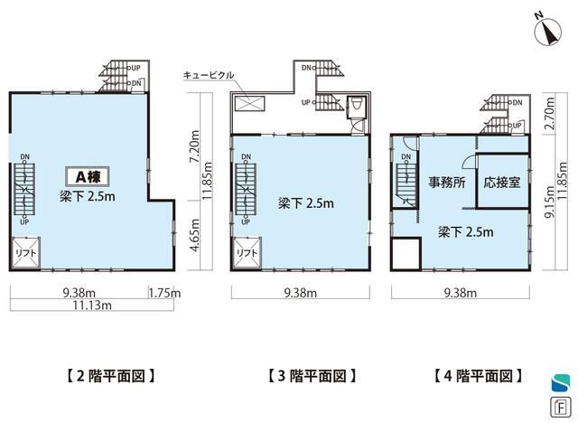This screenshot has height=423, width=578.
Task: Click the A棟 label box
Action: pos(88,176)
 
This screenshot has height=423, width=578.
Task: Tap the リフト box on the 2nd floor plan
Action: pos(25,252)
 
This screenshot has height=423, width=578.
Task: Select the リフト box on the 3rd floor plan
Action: pos(247,252)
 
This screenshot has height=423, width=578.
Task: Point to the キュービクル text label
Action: pos(209,75)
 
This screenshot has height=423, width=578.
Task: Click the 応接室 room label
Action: pos(502,183)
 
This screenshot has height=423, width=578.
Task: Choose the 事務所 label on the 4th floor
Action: pos(446,183)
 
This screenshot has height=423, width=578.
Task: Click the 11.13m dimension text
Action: pos(92,305)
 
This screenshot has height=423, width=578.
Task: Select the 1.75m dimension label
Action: pos(164,293)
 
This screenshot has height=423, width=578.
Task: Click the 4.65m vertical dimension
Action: pos(195,235)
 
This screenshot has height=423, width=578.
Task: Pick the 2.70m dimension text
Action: pos(549,113)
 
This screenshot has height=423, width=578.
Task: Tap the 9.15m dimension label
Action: pos(549,202)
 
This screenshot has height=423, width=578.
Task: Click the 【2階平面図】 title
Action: pos(110,376)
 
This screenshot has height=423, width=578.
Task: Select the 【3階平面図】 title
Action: pos(312,376)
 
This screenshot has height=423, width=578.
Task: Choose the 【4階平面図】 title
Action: pos(479,376)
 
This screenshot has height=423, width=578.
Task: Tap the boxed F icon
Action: pos(560,408)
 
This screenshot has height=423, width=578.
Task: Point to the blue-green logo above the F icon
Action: pos(561,382)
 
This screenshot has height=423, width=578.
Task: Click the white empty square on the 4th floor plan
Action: pos(406,255)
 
